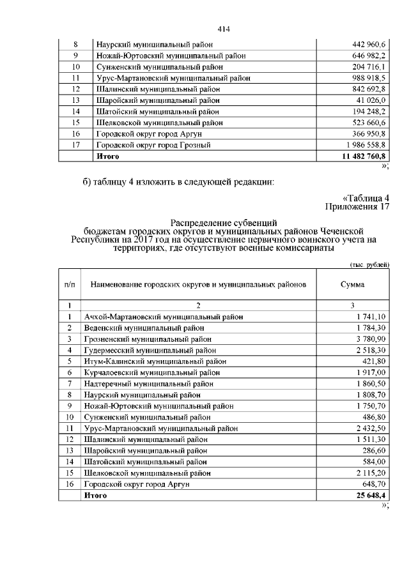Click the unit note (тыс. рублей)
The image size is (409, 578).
click(369, 264)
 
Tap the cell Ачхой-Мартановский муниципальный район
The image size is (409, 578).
click(163, 316)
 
